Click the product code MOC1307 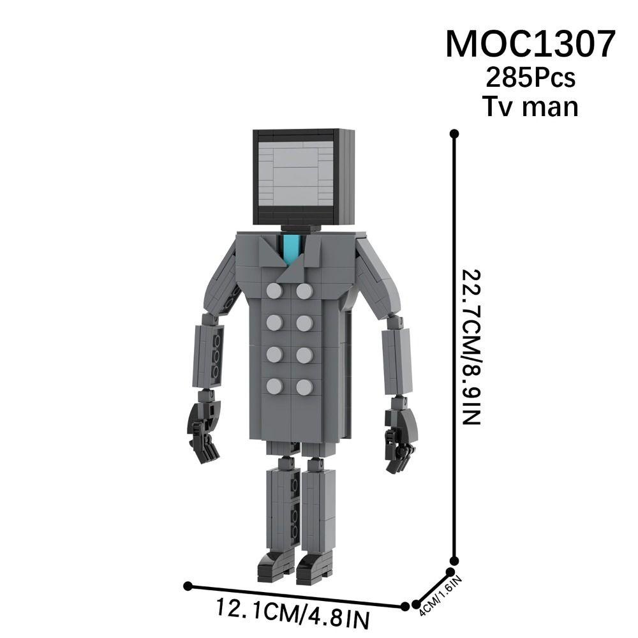point(530,44)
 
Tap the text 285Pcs point(530,78)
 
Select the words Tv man point(530,105)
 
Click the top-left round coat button point(274,292)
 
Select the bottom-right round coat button point(304,387)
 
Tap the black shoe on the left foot point(276,566)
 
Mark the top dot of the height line point(454,133)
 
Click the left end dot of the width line point(188,585)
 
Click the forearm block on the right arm point(396,360)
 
